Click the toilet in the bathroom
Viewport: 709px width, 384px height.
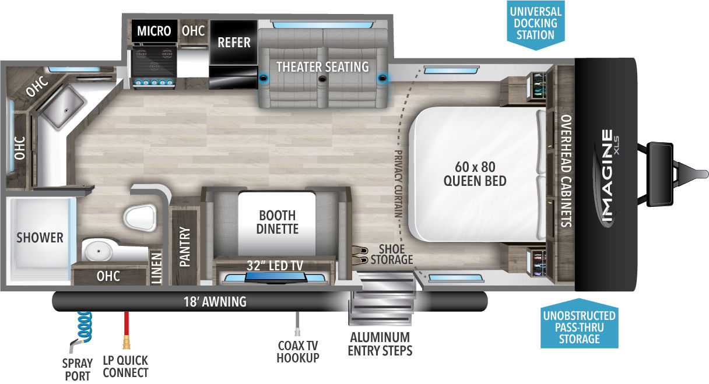[140, 217]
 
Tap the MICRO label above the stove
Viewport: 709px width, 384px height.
[154, 31]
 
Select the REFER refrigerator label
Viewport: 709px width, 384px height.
[234, 43]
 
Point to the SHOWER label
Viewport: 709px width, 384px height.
[40, 238]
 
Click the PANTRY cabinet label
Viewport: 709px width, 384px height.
[185, 246]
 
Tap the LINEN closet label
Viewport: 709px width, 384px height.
[156, 267]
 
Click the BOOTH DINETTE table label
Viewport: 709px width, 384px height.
[278, 222]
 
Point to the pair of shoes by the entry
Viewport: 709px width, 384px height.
[360, 255]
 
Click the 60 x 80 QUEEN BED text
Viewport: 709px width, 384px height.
[475, 174]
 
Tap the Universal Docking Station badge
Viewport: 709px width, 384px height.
[536, 24]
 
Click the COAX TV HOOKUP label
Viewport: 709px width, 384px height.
[298, 352]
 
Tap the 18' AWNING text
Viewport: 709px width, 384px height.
[215, 301]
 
